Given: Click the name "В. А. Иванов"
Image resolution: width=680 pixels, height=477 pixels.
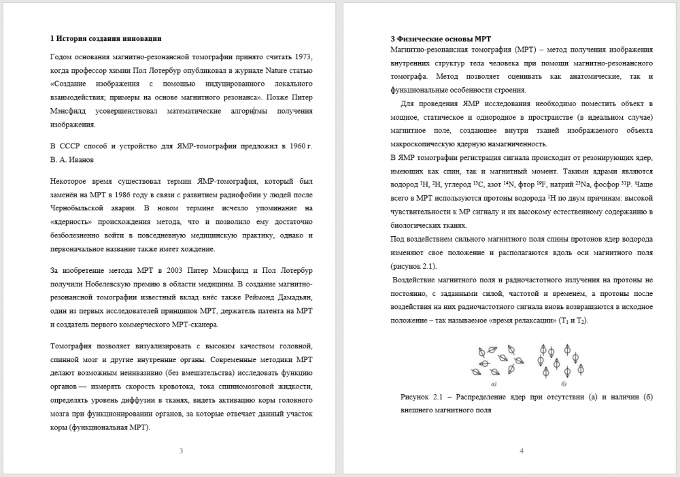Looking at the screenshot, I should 72,160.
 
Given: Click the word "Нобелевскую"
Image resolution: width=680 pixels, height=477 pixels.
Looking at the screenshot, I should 140,284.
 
